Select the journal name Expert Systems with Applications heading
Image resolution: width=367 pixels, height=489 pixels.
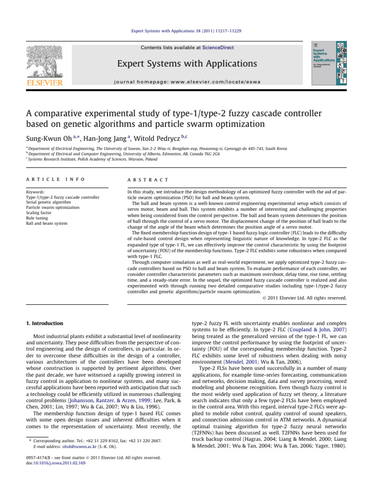[183, 64]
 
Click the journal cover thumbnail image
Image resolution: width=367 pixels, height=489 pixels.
[329, 63]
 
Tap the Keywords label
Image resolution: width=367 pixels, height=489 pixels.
[36, 192]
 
